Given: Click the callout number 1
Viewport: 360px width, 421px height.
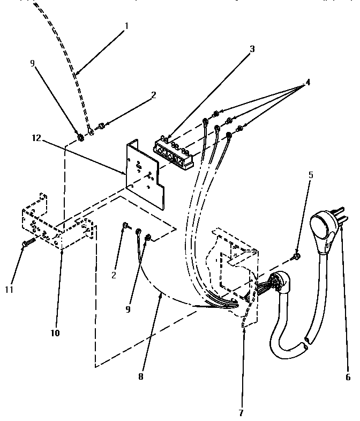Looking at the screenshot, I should point(126,26).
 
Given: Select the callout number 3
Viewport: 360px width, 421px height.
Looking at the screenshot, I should point(252,49).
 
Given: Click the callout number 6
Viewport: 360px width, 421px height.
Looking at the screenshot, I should point(347,376).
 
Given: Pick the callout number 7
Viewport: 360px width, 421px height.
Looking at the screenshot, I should point(241,413).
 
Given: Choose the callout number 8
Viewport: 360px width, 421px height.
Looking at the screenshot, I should point(140,376).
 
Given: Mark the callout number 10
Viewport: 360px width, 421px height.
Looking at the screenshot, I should point(56,333).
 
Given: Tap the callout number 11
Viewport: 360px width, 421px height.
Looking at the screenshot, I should point(10,290).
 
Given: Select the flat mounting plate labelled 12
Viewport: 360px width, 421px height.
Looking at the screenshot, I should point(144,171).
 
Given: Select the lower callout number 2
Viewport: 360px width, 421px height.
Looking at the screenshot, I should point(114,275).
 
